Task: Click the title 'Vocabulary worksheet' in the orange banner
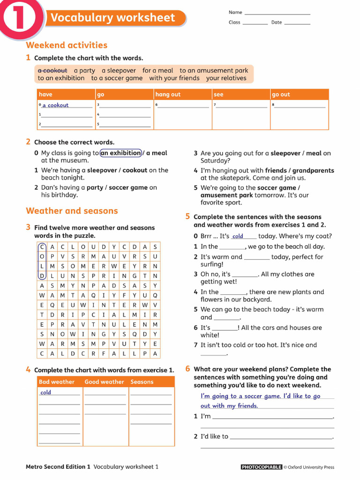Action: pyautogui.click(x=112, y=18)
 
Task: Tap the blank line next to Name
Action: pyautogui.click(x=277, y=13)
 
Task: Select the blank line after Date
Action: pyautogui.click(x=297, y=23)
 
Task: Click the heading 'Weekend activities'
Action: pyautogui.click(x=67, y=45)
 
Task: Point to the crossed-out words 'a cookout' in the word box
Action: pyautogui.click(x=52, y=70)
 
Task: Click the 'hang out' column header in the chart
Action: pyautogui.click(x=168, y=95)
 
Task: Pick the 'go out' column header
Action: pyautogui.click(x=281, y=95)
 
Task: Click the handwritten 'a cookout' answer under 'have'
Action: pyautogui.click(x=55, y=105)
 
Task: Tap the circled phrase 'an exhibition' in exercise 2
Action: pyautogui.click(x=120, y=153)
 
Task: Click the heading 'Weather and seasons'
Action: pyautogui.click(x=72, y=210)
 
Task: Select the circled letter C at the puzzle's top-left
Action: pyautogui.click(x=42, y=247)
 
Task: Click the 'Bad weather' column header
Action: pyautogui.click(x=57, y=382)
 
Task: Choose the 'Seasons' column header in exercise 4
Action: pyautogui.click(x=142, y=382)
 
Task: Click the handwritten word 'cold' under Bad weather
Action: pyautogui.click(x=45, y=393)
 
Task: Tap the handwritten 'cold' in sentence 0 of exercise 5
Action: pyautogui.click(x=238, y=237)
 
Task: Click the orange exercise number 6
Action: pyautogui.click(x=187, y=368)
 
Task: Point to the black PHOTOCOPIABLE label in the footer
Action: pyautogui.click(x=261, y=467)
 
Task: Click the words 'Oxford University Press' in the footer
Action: pyautogui.click(x=311, y=467)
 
